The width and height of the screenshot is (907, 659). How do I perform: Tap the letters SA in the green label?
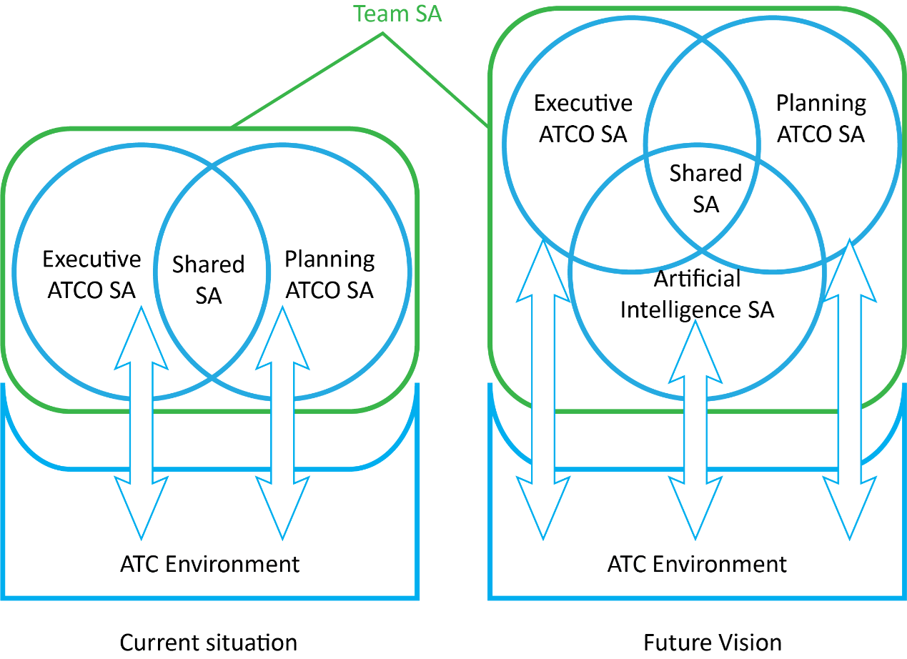429,14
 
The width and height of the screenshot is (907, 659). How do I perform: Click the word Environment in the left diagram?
232,564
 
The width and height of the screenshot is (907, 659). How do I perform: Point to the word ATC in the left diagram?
140,564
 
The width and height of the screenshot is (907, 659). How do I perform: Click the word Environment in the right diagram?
720,564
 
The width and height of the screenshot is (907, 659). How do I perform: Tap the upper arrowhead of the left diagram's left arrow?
142,342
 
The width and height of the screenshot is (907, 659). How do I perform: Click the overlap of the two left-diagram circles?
212,272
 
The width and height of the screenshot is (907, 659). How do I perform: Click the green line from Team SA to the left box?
307,81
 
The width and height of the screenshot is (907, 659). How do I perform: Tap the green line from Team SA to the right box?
436,81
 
